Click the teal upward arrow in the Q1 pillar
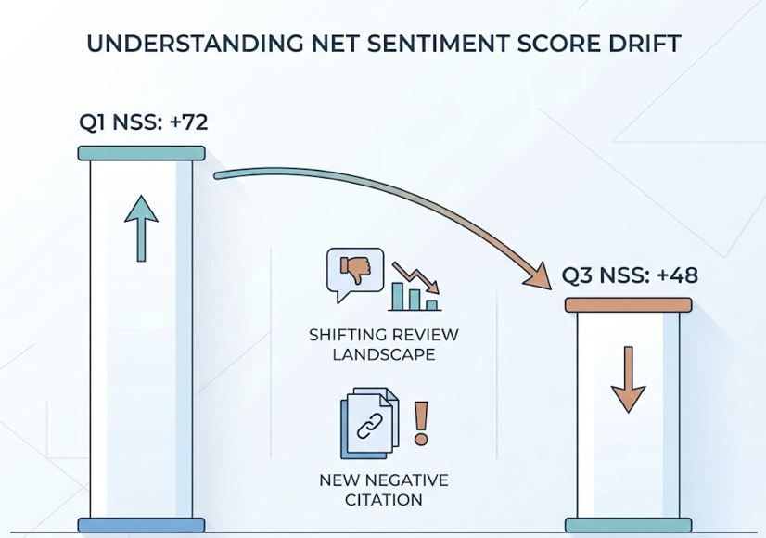point(141,226)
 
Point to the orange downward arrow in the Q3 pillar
point(628,378)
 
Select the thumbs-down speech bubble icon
point(354,273)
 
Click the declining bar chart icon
point(415,287)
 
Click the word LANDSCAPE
point(384,354)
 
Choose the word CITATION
point(384,500)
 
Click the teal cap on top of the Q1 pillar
point(141,153)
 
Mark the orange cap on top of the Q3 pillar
point(628,304)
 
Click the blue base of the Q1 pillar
point(141,525)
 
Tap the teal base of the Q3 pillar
point(628,525)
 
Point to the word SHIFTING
point(345,335)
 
